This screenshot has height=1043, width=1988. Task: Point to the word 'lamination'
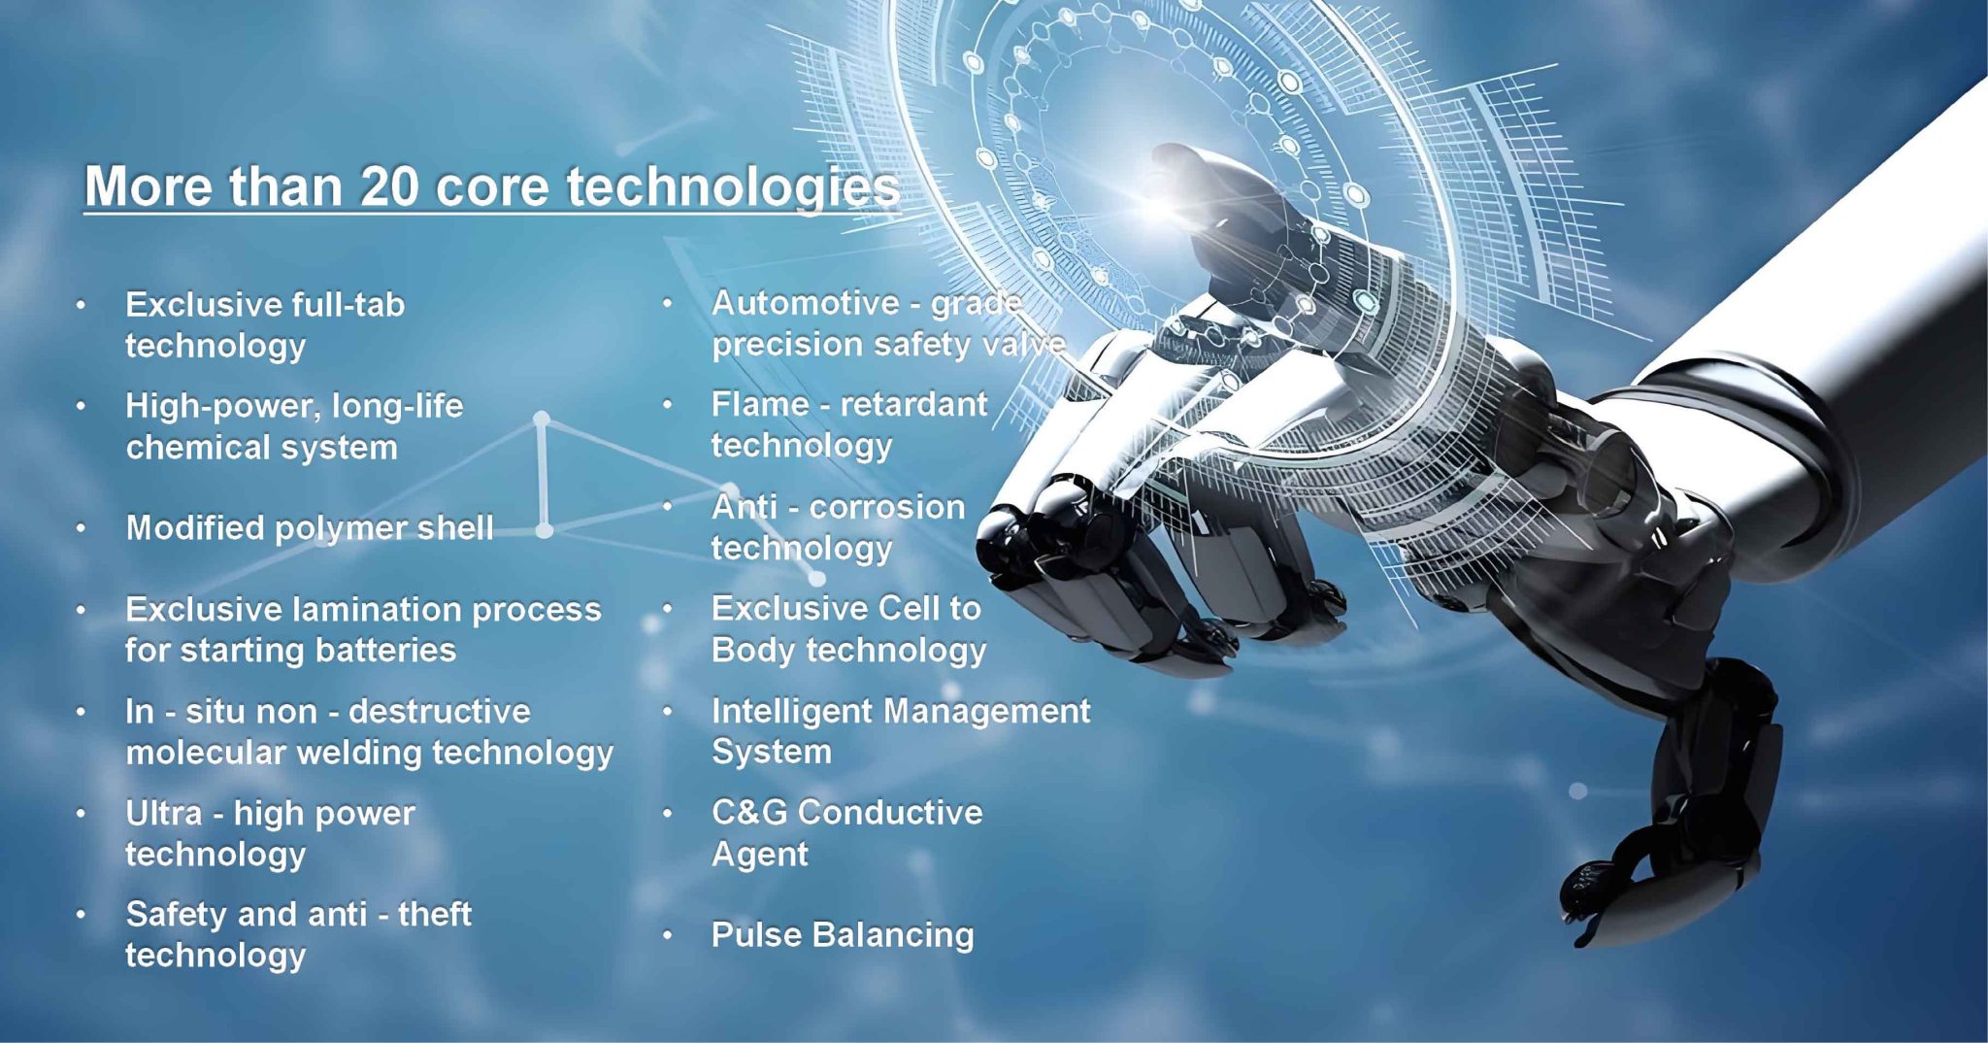pos(376,609)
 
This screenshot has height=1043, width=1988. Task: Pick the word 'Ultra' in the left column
pos(164,813)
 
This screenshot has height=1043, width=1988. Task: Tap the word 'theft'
pos(434,914)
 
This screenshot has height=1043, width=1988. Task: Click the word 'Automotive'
pos(806,303)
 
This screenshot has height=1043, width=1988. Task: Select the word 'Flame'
pos(759,404)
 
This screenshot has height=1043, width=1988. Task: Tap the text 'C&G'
pos(748,812)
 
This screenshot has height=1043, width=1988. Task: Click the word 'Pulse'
pos(757,934)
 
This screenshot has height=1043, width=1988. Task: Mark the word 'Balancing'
pos(893,935)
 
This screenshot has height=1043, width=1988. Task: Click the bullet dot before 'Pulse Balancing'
pos(668,935)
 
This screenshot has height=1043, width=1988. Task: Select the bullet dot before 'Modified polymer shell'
pos(82,528)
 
